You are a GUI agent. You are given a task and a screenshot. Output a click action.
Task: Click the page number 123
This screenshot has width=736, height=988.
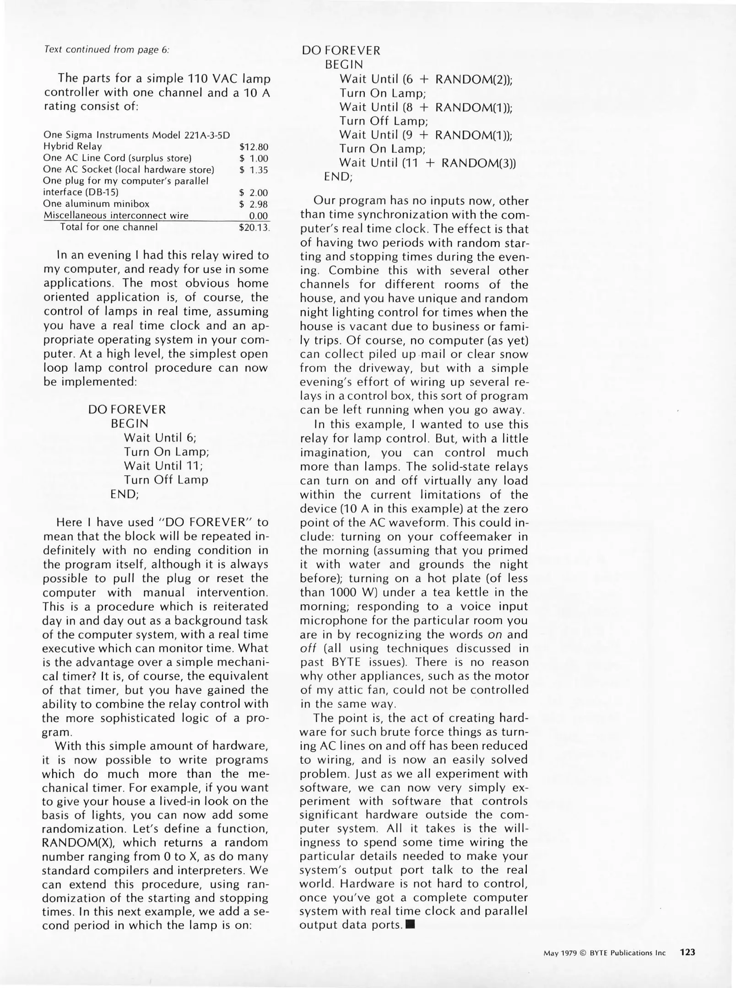tap(687, 952)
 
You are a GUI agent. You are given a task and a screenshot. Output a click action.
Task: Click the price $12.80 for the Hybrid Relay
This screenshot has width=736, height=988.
tap(254, 147)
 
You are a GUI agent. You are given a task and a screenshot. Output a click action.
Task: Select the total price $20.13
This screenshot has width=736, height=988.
tap(254, 227)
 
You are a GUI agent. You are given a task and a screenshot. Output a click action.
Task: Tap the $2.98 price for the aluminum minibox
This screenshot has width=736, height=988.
tap(254, 204)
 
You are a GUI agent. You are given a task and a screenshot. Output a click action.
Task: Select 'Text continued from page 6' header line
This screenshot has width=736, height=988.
tap(107, 49)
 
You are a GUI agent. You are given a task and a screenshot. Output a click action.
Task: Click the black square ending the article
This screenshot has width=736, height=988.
tap(410, 925)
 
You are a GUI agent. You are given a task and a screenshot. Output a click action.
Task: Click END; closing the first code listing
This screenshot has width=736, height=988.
tap(124, 494)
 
